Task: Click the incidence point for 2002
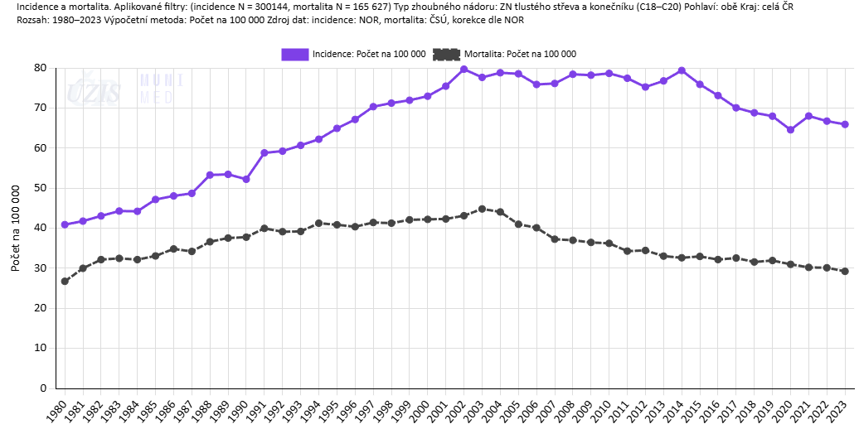point(464,70)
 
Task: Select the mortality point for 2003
point(483,209)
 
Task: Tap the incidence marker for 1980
point(65,224)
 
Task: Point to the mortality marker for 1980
point(65,282)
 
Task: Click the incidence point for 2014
point(682,71)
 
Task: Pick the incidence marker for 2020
point(790,129)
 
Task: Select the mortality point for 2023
point(845,271)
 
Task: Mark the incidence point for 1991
point(264,153)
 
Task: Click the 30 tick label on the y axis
point(40,268)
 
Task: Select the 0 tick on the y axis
point(44,388)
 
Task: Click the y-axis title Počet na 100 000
point(15,227)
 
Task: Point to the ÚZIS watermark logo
point(94,89)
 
